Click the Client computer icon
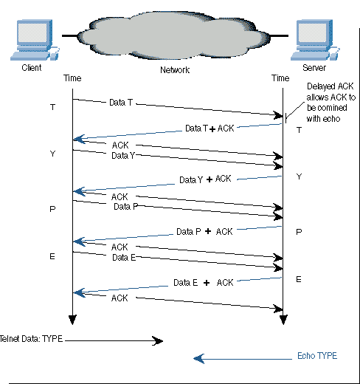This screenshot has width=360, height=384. pyautogui.click(x=35, y=40)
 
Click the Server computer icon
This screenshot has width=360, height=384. pyautogui.click(x=315, y=40)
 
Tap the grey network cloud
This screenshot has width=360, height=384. pyautogui.click(x=173, y=35)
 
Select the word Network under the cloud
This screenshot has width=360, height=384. pyautogui.click(x=175, y=70)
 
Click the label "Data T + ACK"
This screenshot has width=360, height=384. pyautogui.click(x=210, y=128)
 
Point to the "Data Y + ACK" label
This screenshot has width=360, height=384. pyautogui.click(x=205, y=179)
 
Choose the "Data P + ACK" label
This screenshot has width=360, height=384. pyautogui.click(x=204, y=232)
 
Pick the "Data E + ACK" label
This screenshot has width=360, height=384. pyautogui.click(x=203, y=283)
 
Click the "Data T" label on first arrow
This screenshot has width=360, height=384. pyautogui.click(x=121, y=102)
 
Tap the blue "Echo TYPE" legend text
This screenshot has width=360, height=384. pyautogui.click(x=317, y=356)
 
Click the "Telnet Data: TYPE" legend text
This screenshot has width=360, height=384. pyautogui.click(x=31, y=339)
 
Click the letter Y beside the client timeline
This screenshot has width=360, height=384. pyautogui.click(x=52, y=154)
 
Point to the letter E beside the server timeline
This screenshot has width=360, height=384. pyautogui.click(x=299, y=279)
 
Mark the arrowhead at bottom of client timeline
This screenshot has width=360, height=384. pyautogui.click(x=72, y=320)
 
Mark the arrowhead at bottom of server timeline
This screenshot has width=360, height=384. pyautogui.click(x=283, y=320)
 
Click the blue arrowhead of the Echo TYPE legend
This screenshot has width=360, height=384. pyautogui.click(x=198, y=359)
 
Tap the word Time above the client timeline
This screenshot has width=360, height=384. pyautogui.click(x=72, y=78)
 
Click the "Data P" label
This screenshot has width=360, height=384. pyautogui.click(x=125, y=206)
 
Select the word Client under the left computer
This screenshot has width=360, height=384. pyautogui.click(x=32, y=67)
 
